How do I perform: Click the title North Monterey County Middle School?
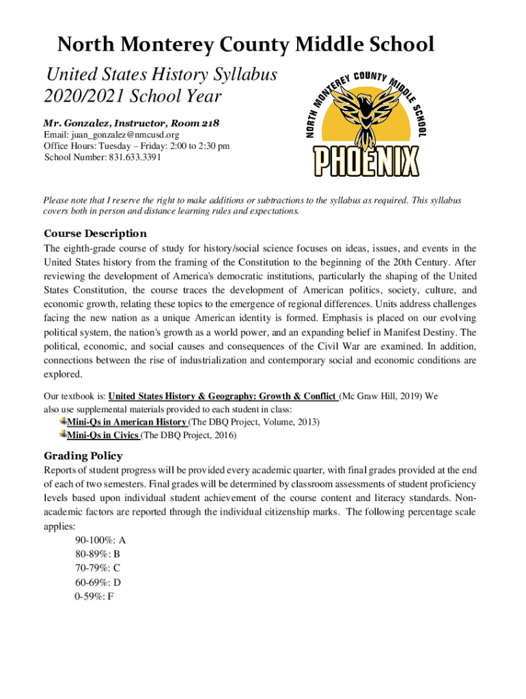click(245, 45)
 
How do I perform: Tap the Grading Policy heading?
click(83, 455)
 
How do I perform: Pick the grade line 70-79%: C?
click(98, 568)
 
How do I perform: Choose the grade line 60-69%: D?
click(98, 582)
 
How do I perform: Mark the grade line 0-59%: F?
click(95, 596)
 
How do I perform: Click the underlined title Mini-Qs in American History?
click(126, 423)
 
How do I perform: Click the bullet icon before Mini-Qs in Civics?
click(62, 435)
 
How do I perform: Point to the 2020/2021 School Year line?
click(133, 96)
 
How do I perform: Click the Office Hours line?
click(137, 146)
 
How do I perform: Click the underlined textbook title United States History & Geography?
click(223, 395)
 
